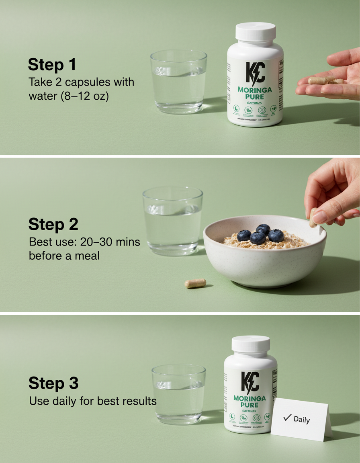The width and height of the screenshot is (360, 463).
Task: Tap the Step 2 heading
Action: [x=53, y=224]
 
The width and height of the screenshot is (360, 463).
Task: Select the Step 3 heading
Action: [x=53, y=383]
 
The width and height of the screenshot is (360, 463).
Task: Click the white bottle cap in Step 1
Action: [x=256, y=32]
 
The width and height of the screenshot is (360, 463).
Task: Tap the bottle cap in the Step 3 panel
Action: [x=251, y=344]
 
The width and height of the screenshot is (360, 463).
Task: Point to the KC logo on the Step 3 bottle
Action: [x=250, y=382]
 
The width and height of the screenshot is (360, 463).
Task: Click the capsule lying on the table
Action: [x=195, y=283]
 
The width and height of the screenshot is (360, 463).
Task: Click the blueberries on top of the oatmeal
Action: [x=260, y=234]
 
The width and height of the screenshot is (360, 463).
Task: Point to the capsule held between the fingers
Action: [x=313, y=218]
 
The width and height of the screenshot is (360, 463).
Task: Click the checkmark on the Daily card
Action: [x=287, y=418]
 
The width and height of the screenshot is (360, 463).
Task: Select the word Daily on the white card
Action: [x=302, y=420]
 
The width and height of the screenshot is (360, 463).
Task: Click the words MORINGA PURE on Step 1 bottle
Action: [x=254, y=93]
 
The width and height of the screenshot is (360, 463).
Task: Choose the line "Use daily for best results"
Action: [x=92, y=401]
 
